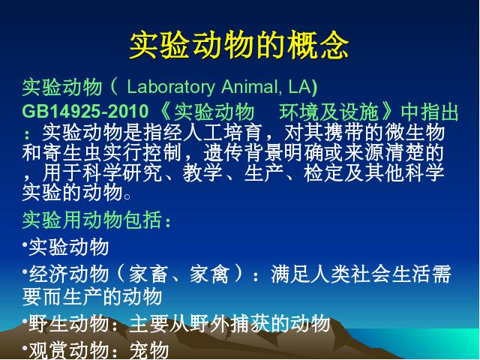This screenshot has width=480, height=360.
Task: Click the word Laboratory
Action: [171, 87]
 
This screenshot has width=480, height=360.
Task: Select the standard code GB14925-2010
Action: [85, 111]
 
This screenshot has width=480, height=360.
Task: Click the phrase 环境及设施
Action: [328, 112]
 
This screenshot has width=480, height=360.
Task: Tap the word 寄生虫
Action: [72, 152]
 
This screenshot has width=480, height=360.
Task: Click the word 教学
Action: [202, 172]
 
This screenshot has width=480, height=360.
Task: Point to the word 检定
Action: [323, 172]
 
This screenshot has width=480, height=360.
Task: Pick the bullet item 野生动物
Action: [69, 323]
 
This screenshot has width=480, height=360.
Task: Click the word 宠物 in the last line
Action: [149, 350]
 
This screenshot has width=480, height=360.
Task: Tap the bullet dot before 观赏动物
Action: [25, 347]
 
